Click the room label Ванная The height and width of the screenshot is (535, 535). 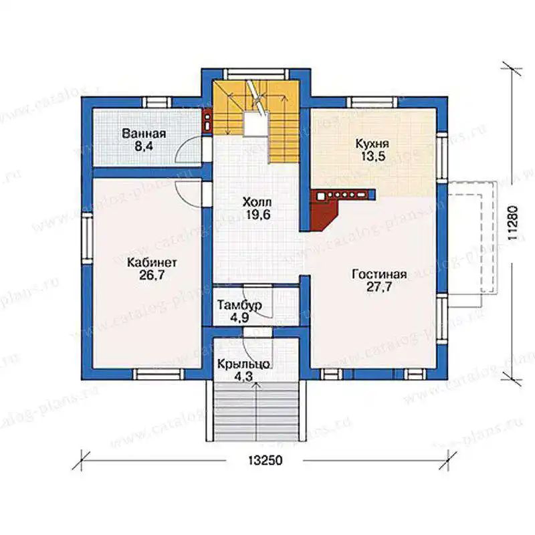coord(144,133)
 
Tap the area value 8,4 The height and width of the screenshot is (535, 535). coord(144,146)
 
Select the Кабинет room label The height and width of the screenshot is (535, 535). coord(152,262)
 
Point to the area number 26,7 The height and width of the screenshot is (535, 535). coord(152,275)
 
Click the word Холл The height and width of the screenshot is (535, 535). coord(257,202)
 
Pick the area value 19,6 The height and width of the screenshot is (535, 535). coord(257,215)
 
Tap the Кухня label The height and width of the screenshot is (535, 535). coord(372,144)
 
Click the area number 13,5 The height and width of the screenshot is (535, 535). coord(372,156)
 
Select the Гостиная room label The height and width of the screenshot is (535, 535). coord(379,274)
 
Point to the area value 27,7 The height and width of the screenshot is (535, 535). coord(379,287)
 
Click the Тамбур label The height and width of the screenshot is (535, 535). coord(239,305)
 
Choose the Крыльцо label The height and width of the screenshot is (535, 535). coord(243,364)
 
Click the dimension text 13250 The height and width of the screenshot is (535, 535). coord(265,460)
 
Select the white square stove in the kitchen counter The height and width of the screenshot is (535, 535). coord(321,196)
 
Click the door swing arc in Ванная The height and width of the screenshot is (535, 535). coord(185,148)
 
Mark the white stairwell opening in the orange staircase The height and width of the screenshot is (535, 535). coord(255,124)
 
